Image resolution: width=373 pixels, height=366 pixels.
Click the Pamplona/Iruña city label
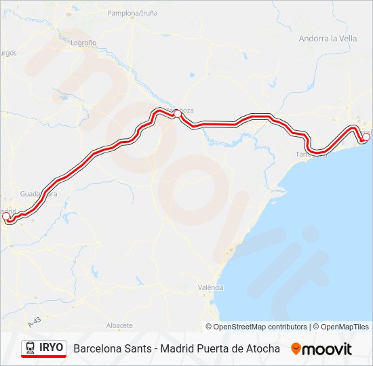[133, 13]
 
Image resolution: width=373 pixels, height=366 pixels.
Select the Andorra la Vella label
[328, 39]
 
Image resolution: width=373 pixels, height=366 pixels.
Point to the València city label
[210, 287]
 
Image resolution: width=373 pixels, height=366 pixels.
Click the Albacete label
[119, 325]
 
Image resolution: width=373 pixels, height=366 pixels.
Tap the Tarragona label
[311, 155]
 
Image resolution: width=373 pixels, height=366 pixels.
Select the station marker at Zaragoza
[176, 115]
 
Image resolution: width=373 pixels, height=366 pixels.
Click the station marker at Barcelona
[366, 137]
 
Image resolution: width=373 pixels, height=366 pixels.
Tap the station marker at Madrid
[7, 216]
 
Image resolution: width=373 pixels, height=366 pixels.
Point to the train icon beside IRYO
[31, 348]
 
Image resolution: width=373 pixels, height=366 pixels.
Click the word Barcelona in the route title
[98, 348]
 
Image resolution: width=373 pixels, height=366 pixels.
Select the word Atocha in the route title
[262, 348]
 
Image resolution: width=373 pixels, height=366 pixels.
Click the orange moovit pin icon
[296, 348]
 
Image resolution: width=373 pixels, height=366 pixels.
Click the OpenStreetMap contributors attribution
[260, 327]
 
